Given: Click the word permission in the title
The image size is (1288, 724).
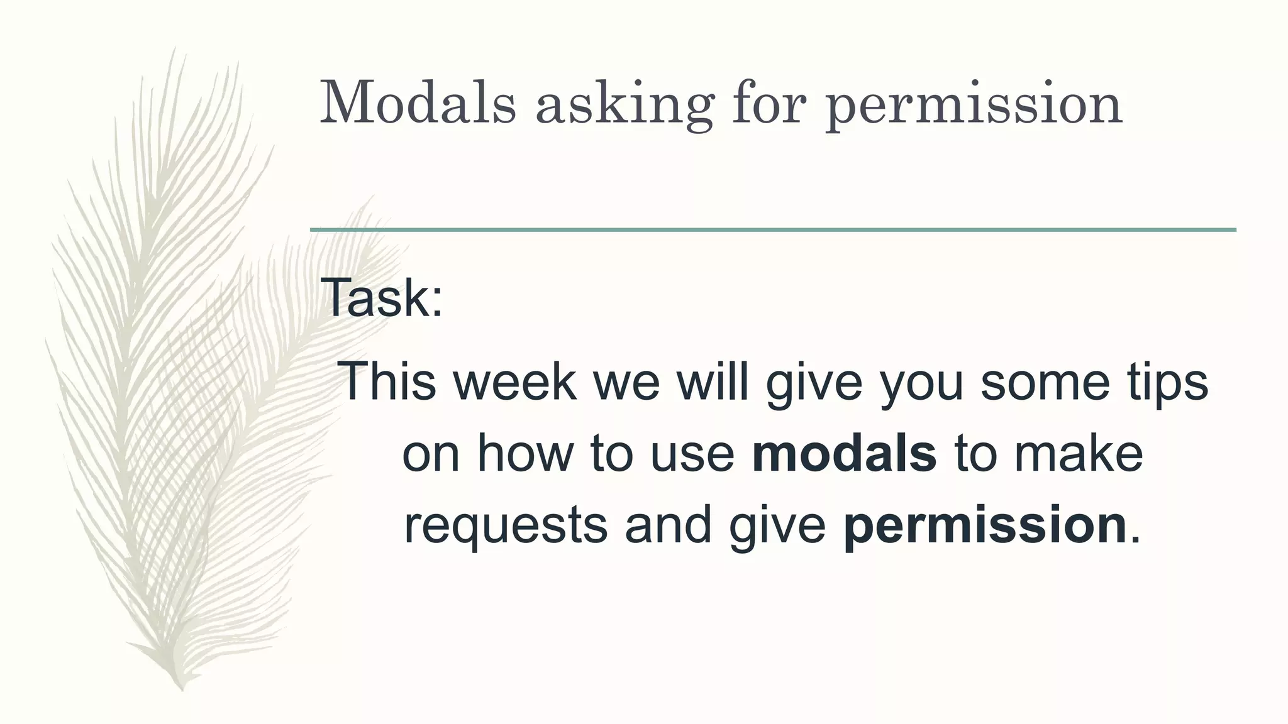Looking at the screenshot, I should [974, 105].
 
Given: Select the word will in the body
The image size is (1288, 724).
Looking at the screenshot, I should [713, 381].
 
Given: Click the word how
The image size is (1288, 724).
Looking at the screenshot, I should [524, 453].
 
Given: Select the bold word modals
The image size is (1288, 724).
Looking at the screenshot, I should [844, 453].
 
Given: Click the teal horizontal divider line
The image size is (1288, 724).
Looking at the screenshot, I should [773, 230].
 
